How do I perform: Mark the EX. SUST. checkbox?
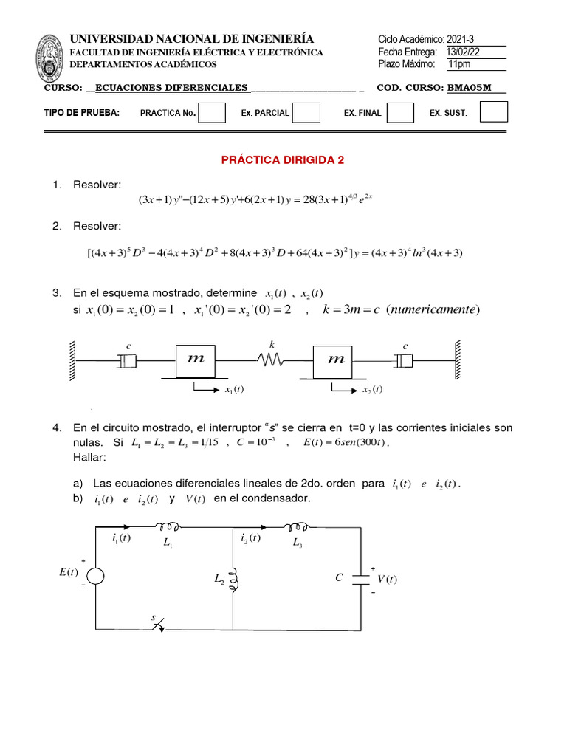(x=494, y=112)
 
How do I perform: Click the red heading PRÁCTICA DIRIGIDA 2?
(x=283, y=159)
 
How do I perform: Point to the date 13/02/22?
(x=463, y=51)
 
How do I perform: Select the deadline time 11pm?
(x=459, y=64)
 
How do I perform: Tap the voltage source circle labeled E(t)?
(x=97, y=576)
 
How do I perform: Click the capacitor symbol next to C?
(x=361, y=577)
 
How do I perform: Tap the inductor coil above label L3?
(x=299, y=526)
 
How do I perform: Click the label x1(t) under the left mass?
(x=234, y=390)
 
